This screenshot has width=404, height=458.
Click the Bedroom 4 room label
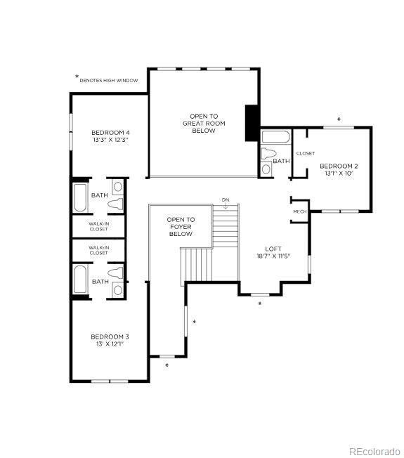point(110,133)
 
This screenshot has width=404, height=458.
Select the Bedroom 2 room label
point(336,166)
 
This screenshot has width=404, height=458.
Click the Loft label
point(273,249)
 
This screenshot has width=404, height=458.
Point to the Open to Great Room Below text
point(204,123)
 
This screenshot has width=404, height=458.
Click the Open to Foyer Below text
point(181,226)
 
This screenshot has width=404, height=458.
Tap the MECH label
point(299,211)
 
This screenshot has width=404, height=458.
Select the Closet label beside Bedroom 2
point(306,153)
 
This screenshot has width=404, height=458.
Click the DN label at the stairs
point(226,200)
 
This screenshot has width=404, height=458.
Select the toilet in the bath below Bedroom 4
point(116,204)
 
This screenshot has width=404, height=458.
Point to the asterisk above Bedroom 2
point(339,120)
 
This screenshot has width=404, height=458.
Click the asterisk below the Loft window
point(260,304)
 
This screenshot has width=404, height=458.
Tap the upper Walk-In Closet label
point(98,226)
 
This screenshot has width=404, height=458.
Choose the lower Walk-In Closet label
point(98,250)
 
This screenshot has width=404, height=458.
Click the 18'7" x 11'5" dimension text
point(273,256)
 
